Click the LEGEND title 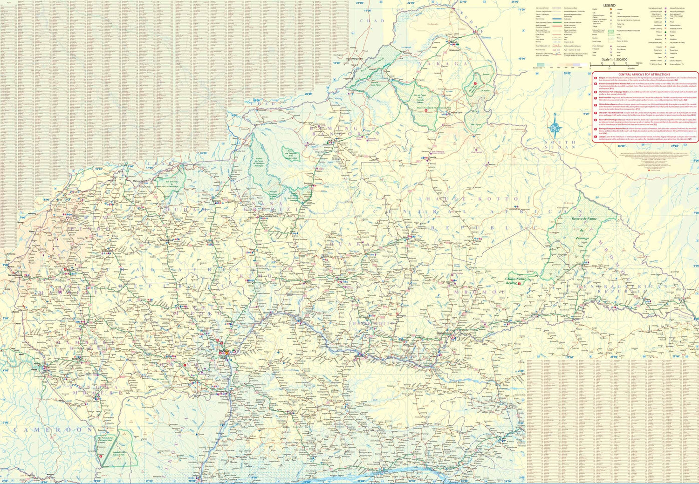(609, 5)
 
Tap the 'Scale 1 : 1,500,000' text (614, 60)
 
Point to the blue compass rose (555, 127)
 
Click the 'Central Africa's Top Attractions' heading (644, 75)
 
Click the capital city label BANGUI (224, 350)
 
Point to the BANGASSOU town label (444, 333)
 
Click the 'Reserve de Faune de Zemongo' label (583, 228)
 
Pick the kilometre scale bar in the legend (615, 65)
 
